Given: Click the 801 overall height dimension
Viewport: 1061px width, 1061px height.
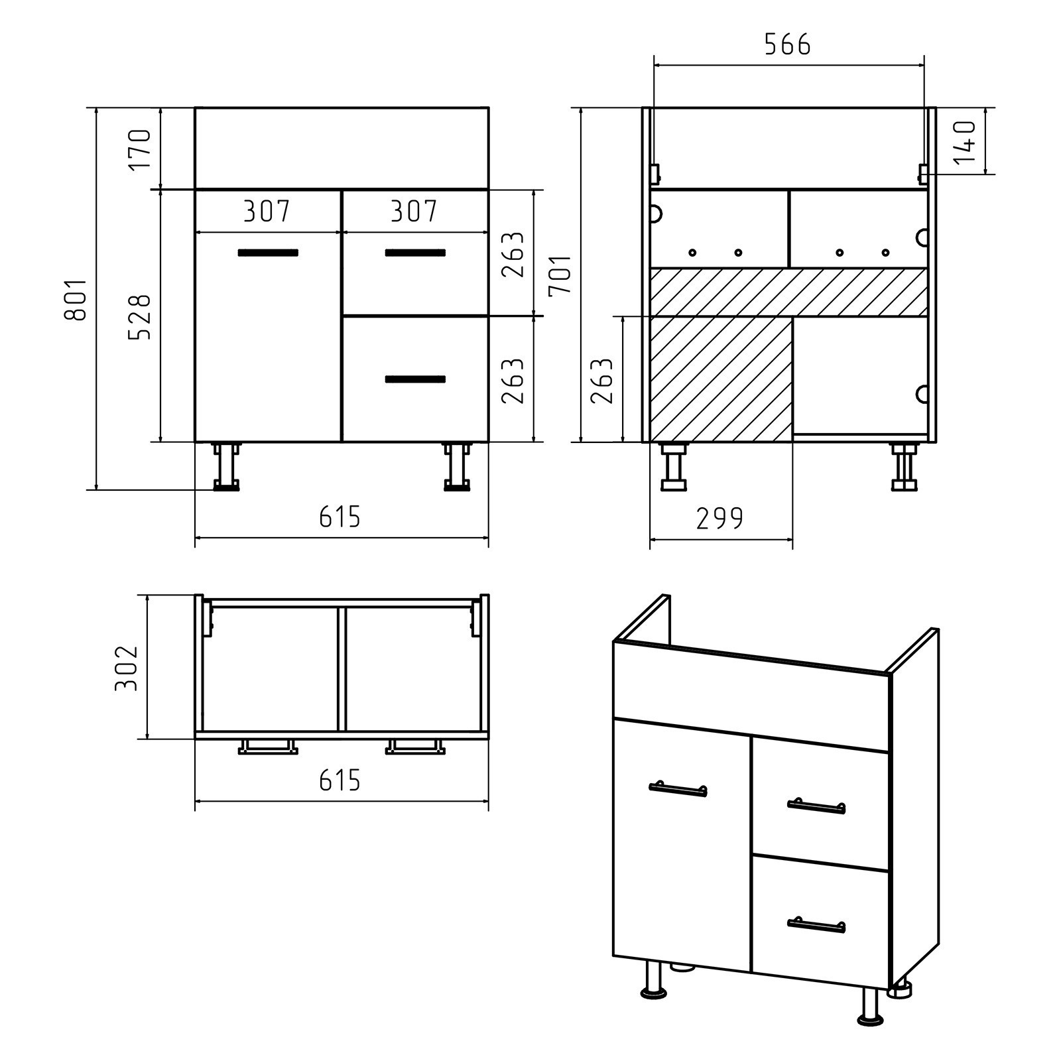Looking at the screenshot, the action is [x=76, y=300].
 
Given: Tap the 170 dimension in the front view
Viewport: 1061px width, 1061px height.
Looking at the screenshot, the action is [x=140, y=149].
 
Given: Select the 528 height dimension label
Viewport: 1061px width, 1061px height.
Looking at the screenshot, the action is [x=140, y=317].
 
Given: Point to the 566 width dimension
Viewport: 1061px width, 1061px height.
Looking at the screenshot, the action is [x=787, y=45].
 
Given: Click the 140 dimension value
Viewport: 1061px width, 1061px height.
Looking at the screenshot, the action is [x=966, y=141].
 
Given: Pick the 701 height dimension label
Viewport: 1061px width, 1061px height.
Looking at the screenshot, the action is [x=560, y=274].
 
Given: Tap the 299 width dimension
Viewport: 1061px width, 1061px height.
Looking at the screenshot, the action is [x=719, y=519].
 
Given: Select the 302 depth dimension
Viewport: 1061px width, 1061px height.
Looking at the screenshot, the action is [x=126, y=668].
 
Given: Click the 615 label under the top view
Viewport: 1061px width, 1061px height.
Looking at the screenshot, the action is [x=340, y=780].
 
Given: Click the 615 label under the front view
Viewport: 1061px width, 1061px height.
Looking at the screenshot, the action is [x=340, y=517].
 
